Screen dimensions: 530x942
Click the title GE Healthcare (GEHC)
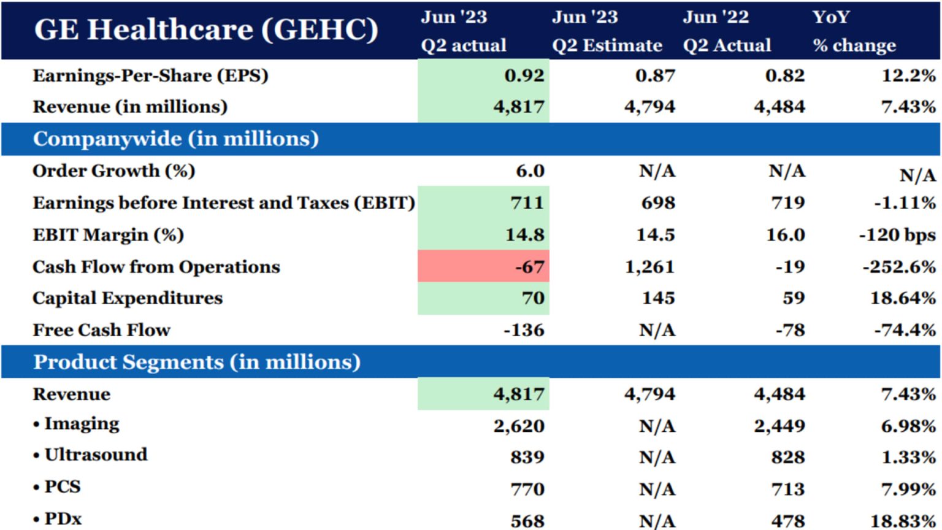click(x=206, y=29)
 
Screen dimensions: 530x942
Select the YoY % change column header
click(x=854, y=31)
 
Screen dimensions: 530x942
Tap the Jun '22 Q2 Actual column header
click(x=727, y=31)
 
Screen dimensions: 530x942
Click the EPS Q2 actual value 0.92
click(x=524, y=75)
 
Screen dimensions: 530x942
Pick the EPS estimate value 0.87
click(x=655, y=75)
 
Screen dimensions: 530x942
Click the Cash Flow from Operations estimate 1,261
click(x=649, y=267)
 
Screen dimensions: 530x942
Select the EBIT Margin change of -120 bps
click(x=897, y=235)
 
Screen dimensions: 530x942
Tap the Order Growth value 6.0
click(x=530, y=171)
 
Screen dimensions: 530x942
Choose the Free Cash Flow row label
click(x=101, y=330)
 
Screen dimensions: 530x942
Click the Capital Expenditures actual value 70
click(x=532, y=298)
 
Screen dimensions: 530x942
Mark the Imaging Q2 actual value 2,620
click(x=519, y=426)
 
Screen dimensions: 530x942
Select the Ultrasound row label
click(x=96, y=455)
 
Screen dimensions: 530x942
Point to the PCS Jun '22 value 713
click(x=787, y=489)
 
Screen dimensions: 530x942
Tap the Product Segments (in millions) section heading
click(x=196, y=362)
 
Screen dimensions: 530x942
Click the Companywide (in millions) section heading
click(x=175, y=139)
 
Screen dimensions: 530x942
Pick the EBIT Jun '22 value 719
click(x=787, y=203)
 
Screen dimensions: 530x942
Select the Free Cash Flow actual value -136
click(x=524, y=330)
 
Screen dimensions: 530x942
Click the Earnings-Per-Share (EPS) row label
click(x=150, y=75)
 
